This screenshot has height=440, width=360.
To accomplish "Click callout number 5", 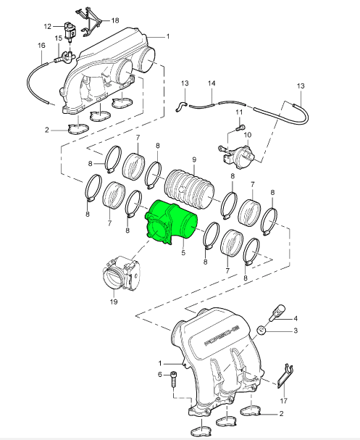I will coord(183,253).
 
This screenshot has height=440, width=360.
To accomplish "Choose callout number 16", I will coord(41,45).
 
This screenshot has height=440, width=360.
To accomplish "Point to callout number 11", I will coord(239,112).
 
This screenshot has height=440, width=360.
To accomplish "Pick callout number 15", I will coord(59,38).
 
